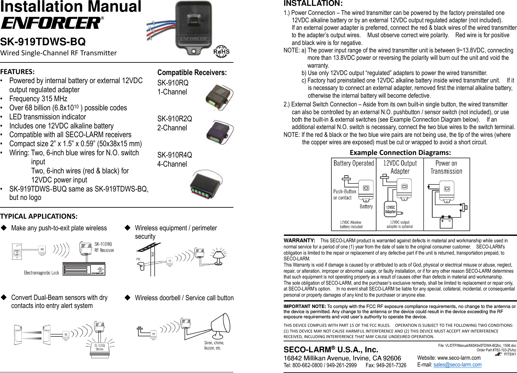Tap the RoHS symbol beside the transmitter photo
221,51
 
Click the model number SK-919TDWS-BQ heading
43,42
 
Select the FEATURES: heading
17,71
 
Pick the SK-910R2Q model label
175,119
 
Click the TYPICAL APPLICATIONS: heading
39,216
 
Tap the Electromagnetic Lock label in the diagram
41,273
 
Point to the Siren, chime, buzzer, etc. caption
214,346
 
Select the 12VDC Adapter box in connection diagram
391,209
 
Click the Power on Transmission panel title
446,167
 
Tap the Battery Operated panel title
354,163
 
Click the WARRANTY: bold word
299,240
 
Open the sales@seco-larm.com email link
457,365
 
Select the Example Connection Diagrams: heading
400,152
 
